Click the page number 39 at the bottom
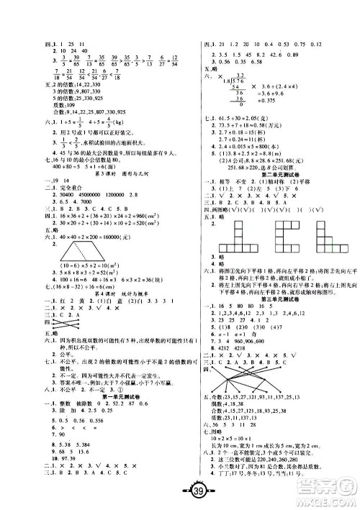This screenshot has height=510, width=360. coord(179,491)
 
